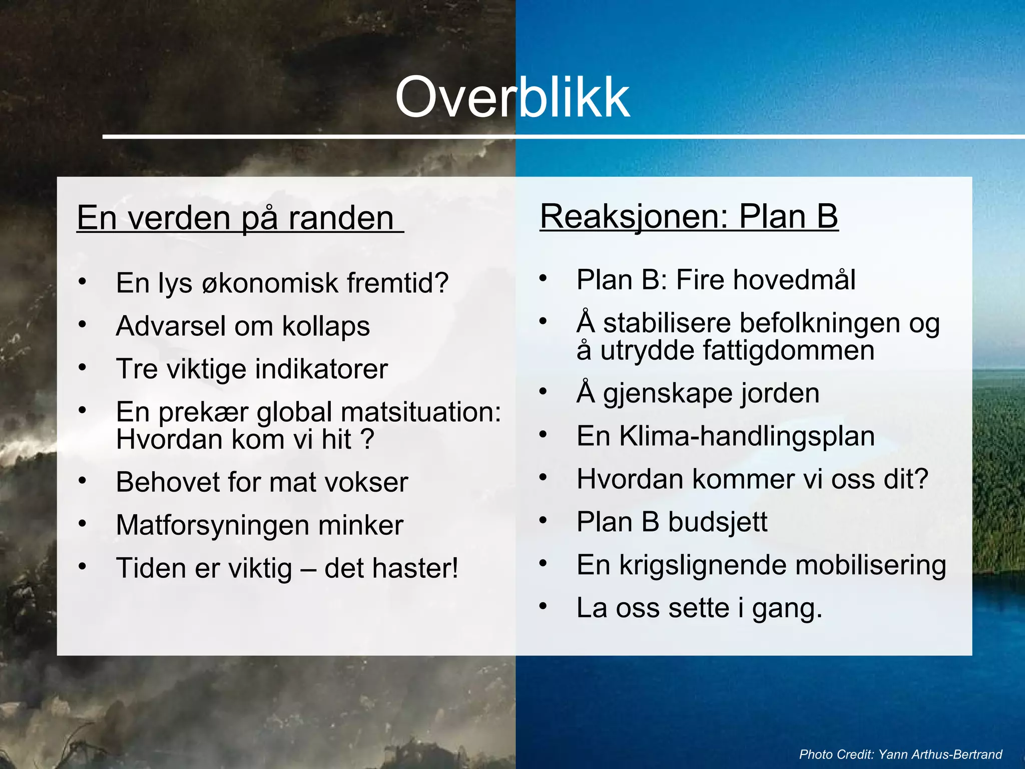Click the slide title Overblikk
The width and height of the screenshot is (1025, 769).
coord(512,98)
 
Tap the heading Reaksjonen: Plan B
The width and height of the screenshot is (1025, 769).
coord(689,217)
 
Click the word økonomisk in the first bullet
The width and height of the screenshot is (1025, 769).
coord(270,283)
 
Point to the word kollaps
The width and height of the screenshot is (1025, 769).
coord(326,326)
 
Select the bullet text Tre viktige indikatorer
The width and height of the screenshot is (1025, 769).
coord(252,369)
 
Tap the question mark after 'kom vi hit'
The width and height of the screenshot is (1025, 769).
coord(367,440)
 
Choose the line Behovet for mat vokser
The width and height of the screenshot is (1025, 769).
coord(262,483)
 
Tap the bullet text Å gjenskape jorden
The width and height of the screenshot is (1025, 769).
coord(698,394)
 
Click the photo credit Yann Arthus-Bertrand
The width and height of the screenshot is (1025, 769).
coord(940,754)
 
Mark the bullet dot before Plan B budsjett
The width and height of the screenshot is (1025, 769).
coord(543,521)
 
